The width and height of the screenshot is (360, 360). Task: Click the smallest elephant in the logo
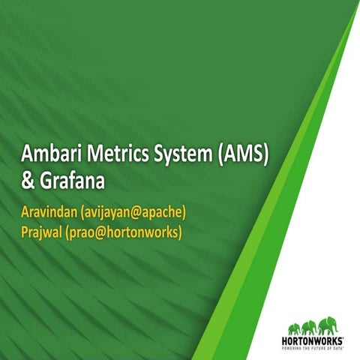294,326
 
